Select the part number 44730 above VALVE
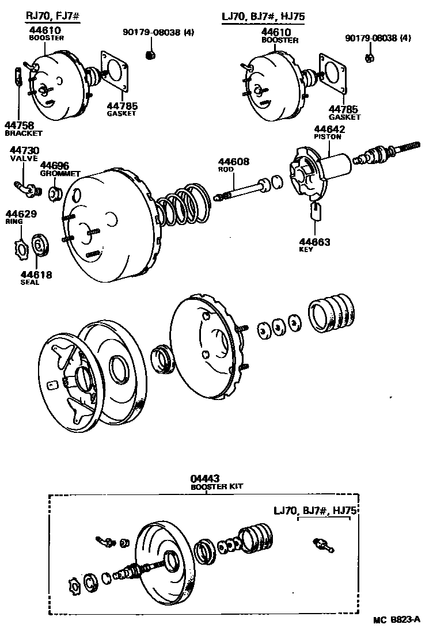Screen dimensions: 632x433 [24, 150]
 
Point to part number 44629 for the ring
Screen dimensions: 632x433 [22, 214]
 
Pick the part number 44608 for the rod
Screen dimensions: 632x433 [233, 162]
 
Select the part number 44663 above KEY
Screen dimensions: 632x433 [314, 242]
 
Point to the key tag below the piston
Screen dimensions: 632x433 [316, 211]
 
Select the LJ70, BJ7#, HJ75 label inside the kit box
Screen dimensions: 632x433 [315, 510]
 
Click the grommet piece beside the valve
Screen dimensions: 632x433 [56, 192]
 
